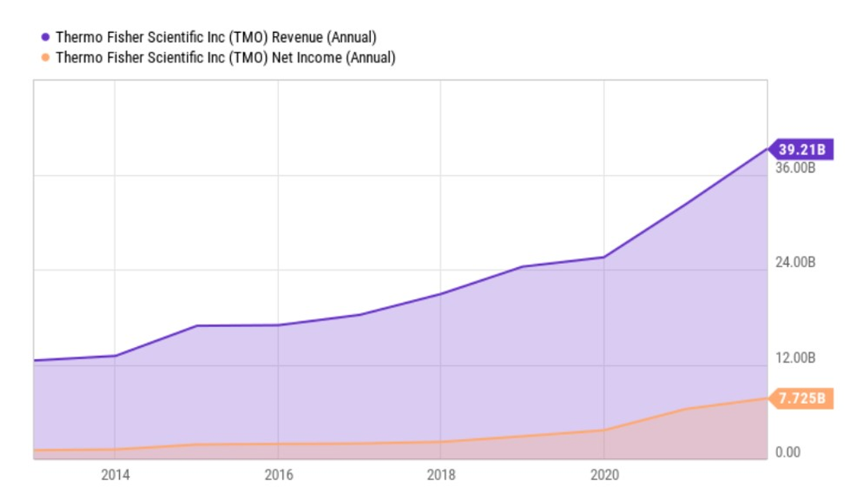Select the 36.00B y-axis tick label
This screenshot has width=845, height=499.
tap(795, 168)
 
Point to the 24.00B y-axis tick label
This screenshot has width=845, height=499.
tap(795, 262)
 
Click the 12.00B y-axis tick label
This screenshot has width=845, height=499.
tap(795, 357)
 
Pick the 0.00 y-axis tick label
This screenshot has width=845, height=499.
tap(787, 452)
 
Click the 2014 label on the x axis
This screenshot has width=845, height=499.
tap(115, 475)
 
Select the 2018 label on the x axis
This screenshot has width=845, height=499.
tap(440, 475)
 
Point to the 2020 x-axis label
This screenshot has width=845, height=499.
tap(604, 475)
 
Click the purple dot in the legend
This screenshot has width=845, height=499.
tap(46, 37)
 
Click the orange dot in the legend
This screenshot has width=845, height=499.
tap(46, 58)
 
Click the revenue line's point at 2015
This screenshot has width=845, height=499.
tap(197, 325)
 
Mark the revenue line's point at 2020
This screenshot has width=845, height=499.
tap(604, 257)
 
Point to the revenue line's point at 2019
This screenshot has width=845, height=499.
tap(522, 266)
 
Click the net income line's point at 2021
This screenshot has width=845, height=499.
tap(685, 409)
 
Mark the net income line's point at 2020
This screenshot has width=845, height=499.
tap(604, 430)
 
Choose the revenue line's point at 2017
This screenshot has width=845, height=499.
tap(359, 315)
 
